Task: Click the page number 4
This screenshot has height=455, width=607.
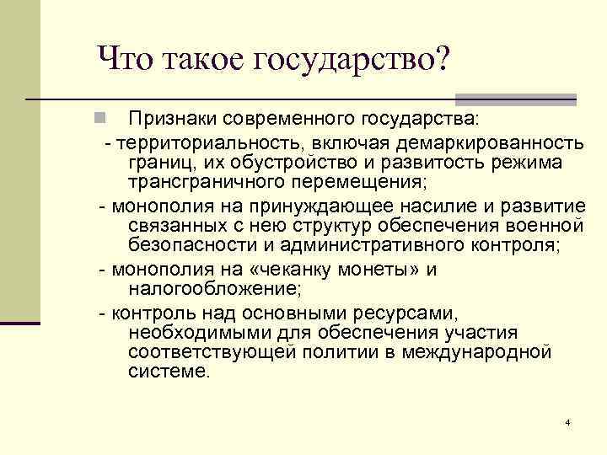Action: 568,421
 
